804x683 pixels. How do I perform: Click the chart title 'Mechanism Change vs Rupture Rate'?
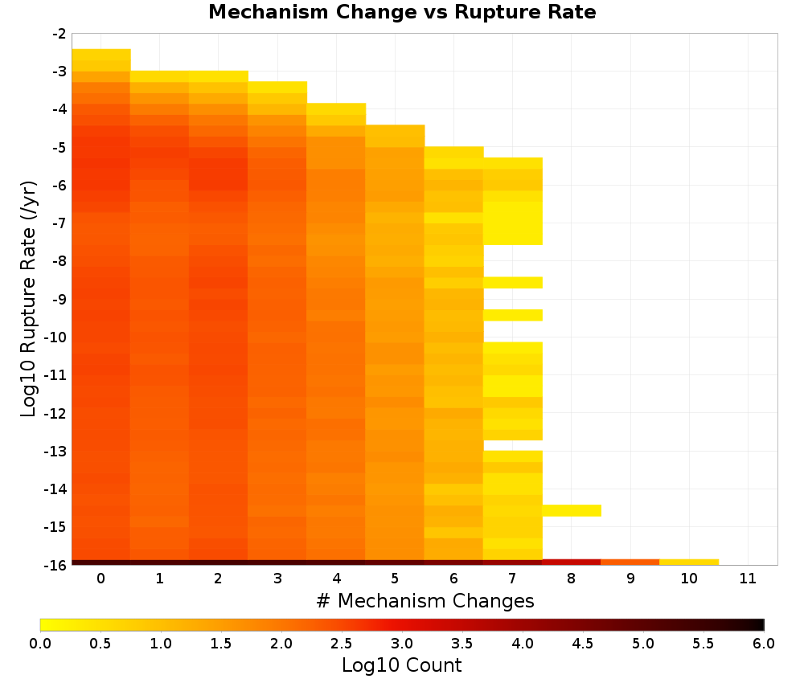click(402, 12)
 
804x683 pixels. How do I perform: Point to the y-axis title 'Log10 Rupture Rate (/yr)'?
click(28, 299)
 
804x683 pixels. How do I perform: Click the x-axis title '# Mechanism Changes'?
click(425, 600)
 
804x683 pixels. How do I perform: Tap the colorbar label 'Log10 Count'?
click(401, 665)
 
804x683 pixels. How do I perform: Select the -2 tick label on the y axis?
click(59, 34)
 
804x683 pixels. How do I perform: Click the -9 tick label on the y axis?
click(59, 299)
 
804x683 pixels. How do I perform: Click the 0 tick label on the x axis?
click(101, 579)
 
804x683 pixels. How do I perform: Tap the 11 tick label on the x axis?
click(748, 579)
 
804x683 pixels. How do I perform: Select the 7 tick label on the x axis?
click(512, 579)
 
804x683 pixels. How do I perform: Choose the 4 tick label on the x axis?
click(336, 579)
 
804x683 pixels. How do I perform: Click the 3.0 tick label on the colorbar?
click(402, 643)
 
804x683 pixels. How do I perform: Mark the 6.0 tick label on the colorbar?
click(764, 643)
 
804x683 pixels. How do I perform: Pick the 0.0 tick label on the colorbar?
click(40, 643)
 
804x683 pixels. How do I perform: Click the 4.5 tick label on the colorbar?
click(583, 643)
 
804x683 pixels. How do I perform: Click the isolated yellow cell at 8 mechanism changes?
click(572, 510)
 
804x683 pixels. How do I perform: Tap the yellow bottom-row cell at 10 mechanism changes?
click(689, 562)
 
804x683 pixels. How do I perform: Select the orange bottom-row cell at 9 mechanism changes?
click(630, 562)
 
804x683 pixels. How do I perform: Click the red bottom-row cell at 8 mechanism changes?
click(572, 562)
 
